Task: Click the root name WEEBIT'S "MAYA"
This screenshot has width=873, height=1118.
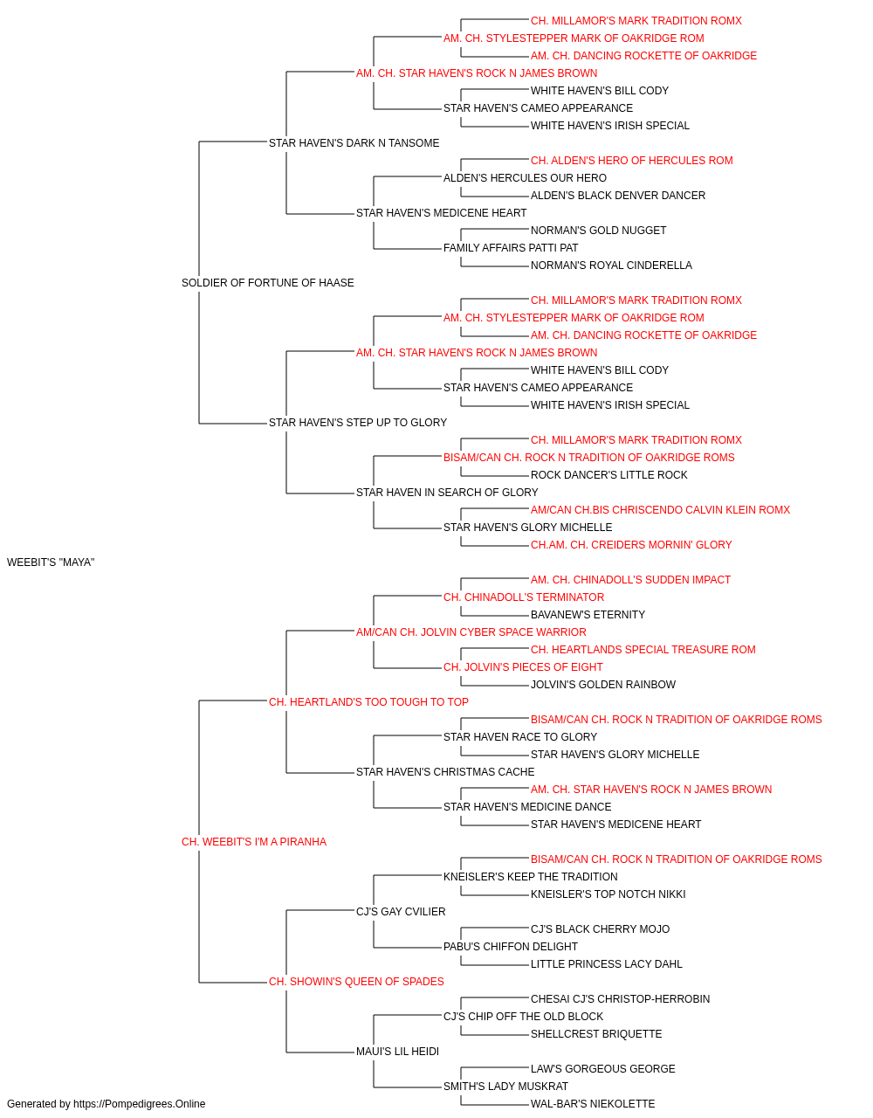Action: [x=51, y=562]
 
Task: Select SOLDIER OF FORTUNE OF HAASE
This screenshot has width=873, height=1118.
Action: [x=267, y=282]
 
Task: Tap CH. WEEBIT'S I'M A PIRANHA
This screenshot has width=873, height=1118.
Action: [x=253, y=841]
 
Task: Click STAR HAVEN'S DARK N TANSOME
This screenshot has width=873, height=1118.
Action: [x=354, y=143]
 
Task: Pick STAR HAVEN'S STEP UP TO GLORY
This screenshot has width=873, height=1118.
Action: [x=358, y=423]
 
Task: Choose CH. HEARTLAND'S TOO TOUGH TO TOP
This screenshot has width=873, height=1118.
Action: [x=368, y=701]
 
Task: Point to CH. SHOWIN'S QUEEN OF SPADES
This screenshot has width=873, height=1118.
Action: [x=356, y=981]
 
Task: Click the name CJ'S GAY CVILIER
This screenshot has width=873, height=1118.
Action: [x=401, y=911]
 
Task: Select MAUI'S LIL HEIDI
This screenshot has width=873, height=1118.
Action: [x=397, y=1051]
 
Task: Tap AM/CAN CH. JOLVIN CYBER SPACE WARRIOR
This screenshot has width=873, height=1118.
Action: [x=471, y=631]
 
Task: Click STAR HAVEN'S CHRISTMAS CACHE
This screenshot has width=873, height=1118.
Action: [x=445, y=772]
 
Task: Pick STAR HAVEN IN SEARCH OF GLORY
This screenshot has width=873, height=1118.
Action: [x=447, y=493]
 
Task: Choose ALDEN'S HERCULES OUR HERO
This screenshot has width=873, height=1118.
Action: [x=525, y=178]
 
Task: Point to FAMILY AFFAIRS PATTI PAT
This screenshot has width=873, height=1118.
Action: [x=511, y=248]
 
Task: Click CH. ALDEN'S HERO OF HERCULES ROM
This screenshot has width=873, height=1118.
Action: [x=631, y=161]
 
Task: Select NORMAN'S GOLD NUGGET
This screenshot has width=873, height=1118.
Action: [x=598, y=231]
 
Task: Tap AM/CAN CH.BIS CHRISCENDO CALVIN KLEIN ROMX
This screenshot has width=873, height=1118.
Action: [x=660, y=510]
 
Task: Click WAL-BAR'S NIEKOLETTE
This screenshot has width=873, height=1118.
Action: [x=592, y=1104]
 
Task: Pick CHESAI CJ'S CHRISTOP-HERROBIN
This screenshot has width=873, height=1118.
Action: [x=620, y=998]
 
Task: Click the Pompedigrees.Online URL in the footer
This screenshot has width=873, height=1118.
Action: [x=139, y=1104]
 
